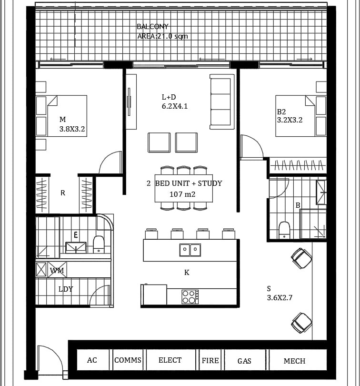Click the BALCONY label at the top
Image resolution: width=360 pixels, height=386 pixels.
point(152,26)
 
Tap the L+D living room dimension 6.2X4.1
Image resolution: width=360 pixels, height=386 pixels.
point(175,106)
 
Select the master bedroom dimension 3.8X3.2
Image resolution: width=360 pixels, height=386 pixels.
point(72,129)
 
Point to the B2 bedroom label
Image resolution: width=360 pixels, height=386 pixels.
point(281,112)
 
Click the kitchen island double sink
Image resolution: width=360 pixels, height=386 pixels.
point(190,250)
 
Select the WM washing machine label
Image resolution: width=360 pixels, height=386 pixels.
point(57,271)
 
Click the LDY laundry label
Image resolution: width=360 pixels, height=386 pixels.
point(66,289)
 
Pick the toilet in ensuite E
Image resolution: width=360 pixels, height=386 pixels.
point(99,244)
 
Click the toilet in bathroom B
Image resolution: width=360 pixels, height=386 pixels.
point(284,230)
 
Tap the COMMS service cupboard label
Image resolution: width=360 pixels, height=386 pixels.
point(128,360)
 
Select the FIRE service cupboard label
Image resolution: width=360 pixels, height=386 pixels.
point(210,361)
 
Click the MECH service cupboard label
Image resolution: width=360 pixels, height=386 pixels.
point(294,361)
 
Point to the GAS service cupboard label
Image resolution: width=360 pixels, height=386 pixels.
point(244,361)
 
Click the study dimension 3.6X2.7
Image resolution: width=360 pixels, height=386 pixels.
point(280,298)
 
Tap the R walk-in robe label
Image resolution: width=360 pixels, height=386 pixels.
point(63,193)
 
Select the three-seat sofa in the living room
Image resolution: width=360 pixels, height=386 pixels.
point(222,102)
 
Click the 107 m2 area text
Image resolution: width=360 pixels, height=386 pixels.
point(182,194)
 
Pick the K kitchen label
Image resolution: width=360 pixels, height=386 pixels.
point(187,272)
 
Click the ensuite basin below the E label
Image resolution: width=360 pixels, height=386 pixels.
point(76,248)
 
